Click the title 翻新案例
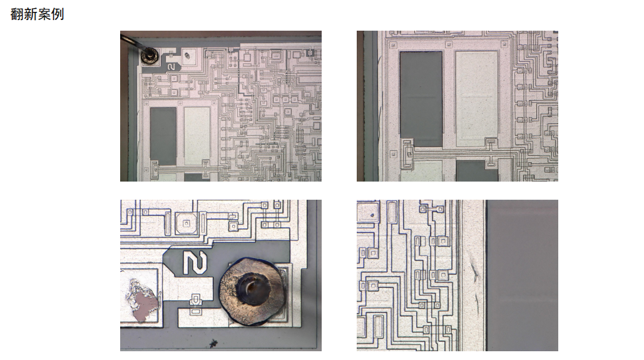click(x=37, y=14)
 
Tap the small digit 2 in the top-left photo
click(x=171, y=66)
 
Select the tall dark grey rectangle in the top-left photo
click(x=163, y=136)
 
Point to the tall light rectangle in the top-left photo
click(x=197, y=136)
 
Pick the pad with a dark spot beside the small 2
click(x=190, y=56)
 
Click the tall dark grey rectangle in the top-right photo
click(x=421, y=99)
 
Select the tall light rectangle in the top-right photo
click(x=477, y=99)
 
